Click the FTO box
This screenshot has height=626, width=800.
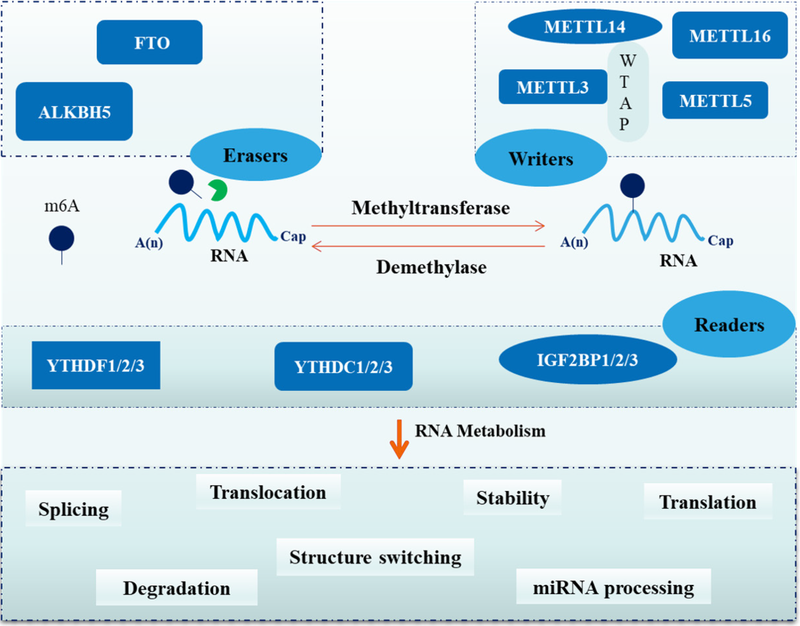tap(149, 42)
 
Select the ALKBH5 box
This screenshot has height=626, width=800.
tap(74, 111)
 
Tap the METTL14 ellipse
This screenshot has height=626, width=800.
tap(585, 27)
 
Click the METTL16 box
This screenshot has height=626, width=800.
tap(730, 35)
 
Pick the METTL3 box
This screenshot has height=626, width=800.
tap(553, 87)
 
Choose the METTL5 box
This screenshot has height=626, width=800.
tap(715, 100)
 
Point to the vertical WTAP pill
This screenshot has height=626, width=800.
tap(628, 92)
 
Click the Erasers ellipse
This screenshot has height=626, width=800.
tap(256, 155)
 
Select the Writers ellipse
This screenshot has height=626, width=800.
tap(541, 158)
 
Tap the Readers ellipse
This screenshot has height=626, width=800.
tap(729, 325)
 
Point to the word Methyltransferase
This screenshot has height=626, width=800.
tap(430, 208)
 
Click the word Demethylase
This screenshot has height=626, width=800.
tap(431, 267)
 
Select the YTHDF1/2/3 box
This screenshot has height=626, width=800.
tap(96, 365)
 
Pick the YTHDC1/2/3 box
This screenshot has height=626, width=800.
tap(343, 366)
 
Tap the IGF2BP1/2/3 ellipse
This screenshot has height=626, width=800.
tap(587, 359)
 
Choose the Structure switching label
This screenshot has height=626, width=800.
tap(375, 557)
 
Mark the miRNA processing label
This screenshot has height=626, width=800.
tap(613, 588)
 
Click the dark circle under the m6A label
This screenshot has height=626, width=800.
tap(61, 238)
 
